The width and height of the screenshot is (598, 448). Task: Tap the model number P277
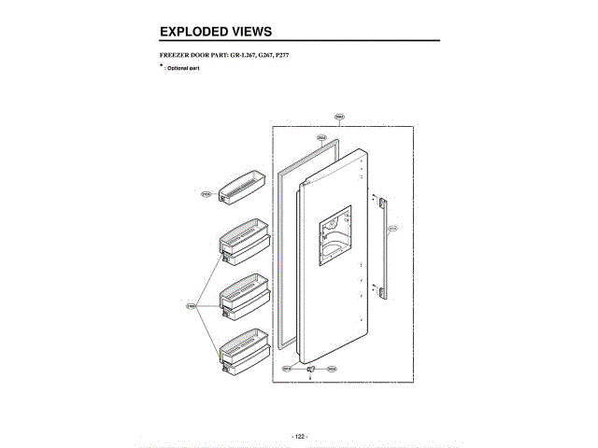tap(279, 57)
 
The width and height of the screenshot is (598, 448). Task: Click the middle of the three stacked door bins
tap(246, 294)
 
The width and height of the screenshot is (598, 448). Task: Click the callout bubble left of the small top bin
tap(206, 195)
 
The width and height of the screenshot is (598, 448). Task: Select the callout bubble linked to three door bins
tap(191, 305)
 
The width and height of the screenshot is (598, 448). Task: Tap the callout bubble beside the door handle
tap(392, 229)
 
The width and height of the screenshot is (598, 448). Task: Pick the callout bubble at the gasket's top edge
tap(321, 137)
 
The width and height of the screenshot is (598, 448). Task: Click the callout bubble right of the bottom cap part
tap(332, 370)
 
